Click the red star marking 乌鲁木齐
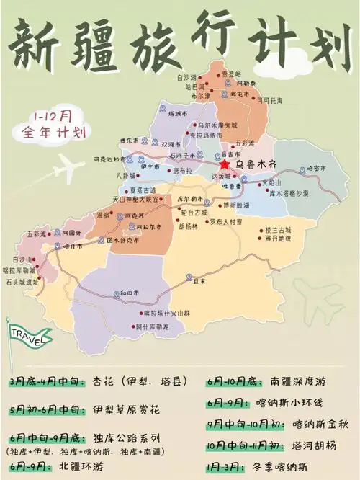225,165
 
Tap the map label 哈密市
317,168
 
